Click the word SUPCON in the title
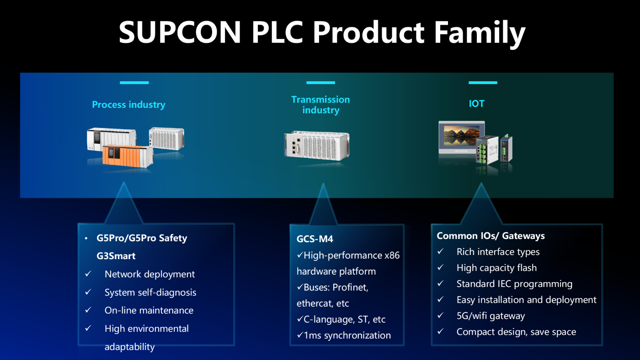[x=180, y=32]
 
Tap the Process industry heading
[x=128, y=105]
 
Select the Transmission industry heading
[x=320, y=105]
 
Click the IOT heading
[x=476, y=104]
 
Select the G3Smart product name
[x=116, y=256]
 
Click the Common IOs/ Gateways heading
[x=491, y=236]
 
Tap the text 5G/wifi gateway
[x=491, y=316]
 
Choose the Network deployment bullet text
[x=149, y=274]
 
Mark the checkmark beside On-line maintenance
[x=88, y=310]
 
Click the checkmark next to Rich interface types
[x=440, y=252]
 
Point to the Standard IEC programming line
[x=514, y=284]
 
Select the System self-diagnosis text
[x=150, y=292]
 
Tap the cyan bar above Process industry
[x=134, y=83]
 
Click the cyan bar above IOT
[x=483, y=83]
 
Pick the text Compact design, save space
[x=516, y=332]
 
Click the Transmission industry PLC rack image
[x=316, y=145]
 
